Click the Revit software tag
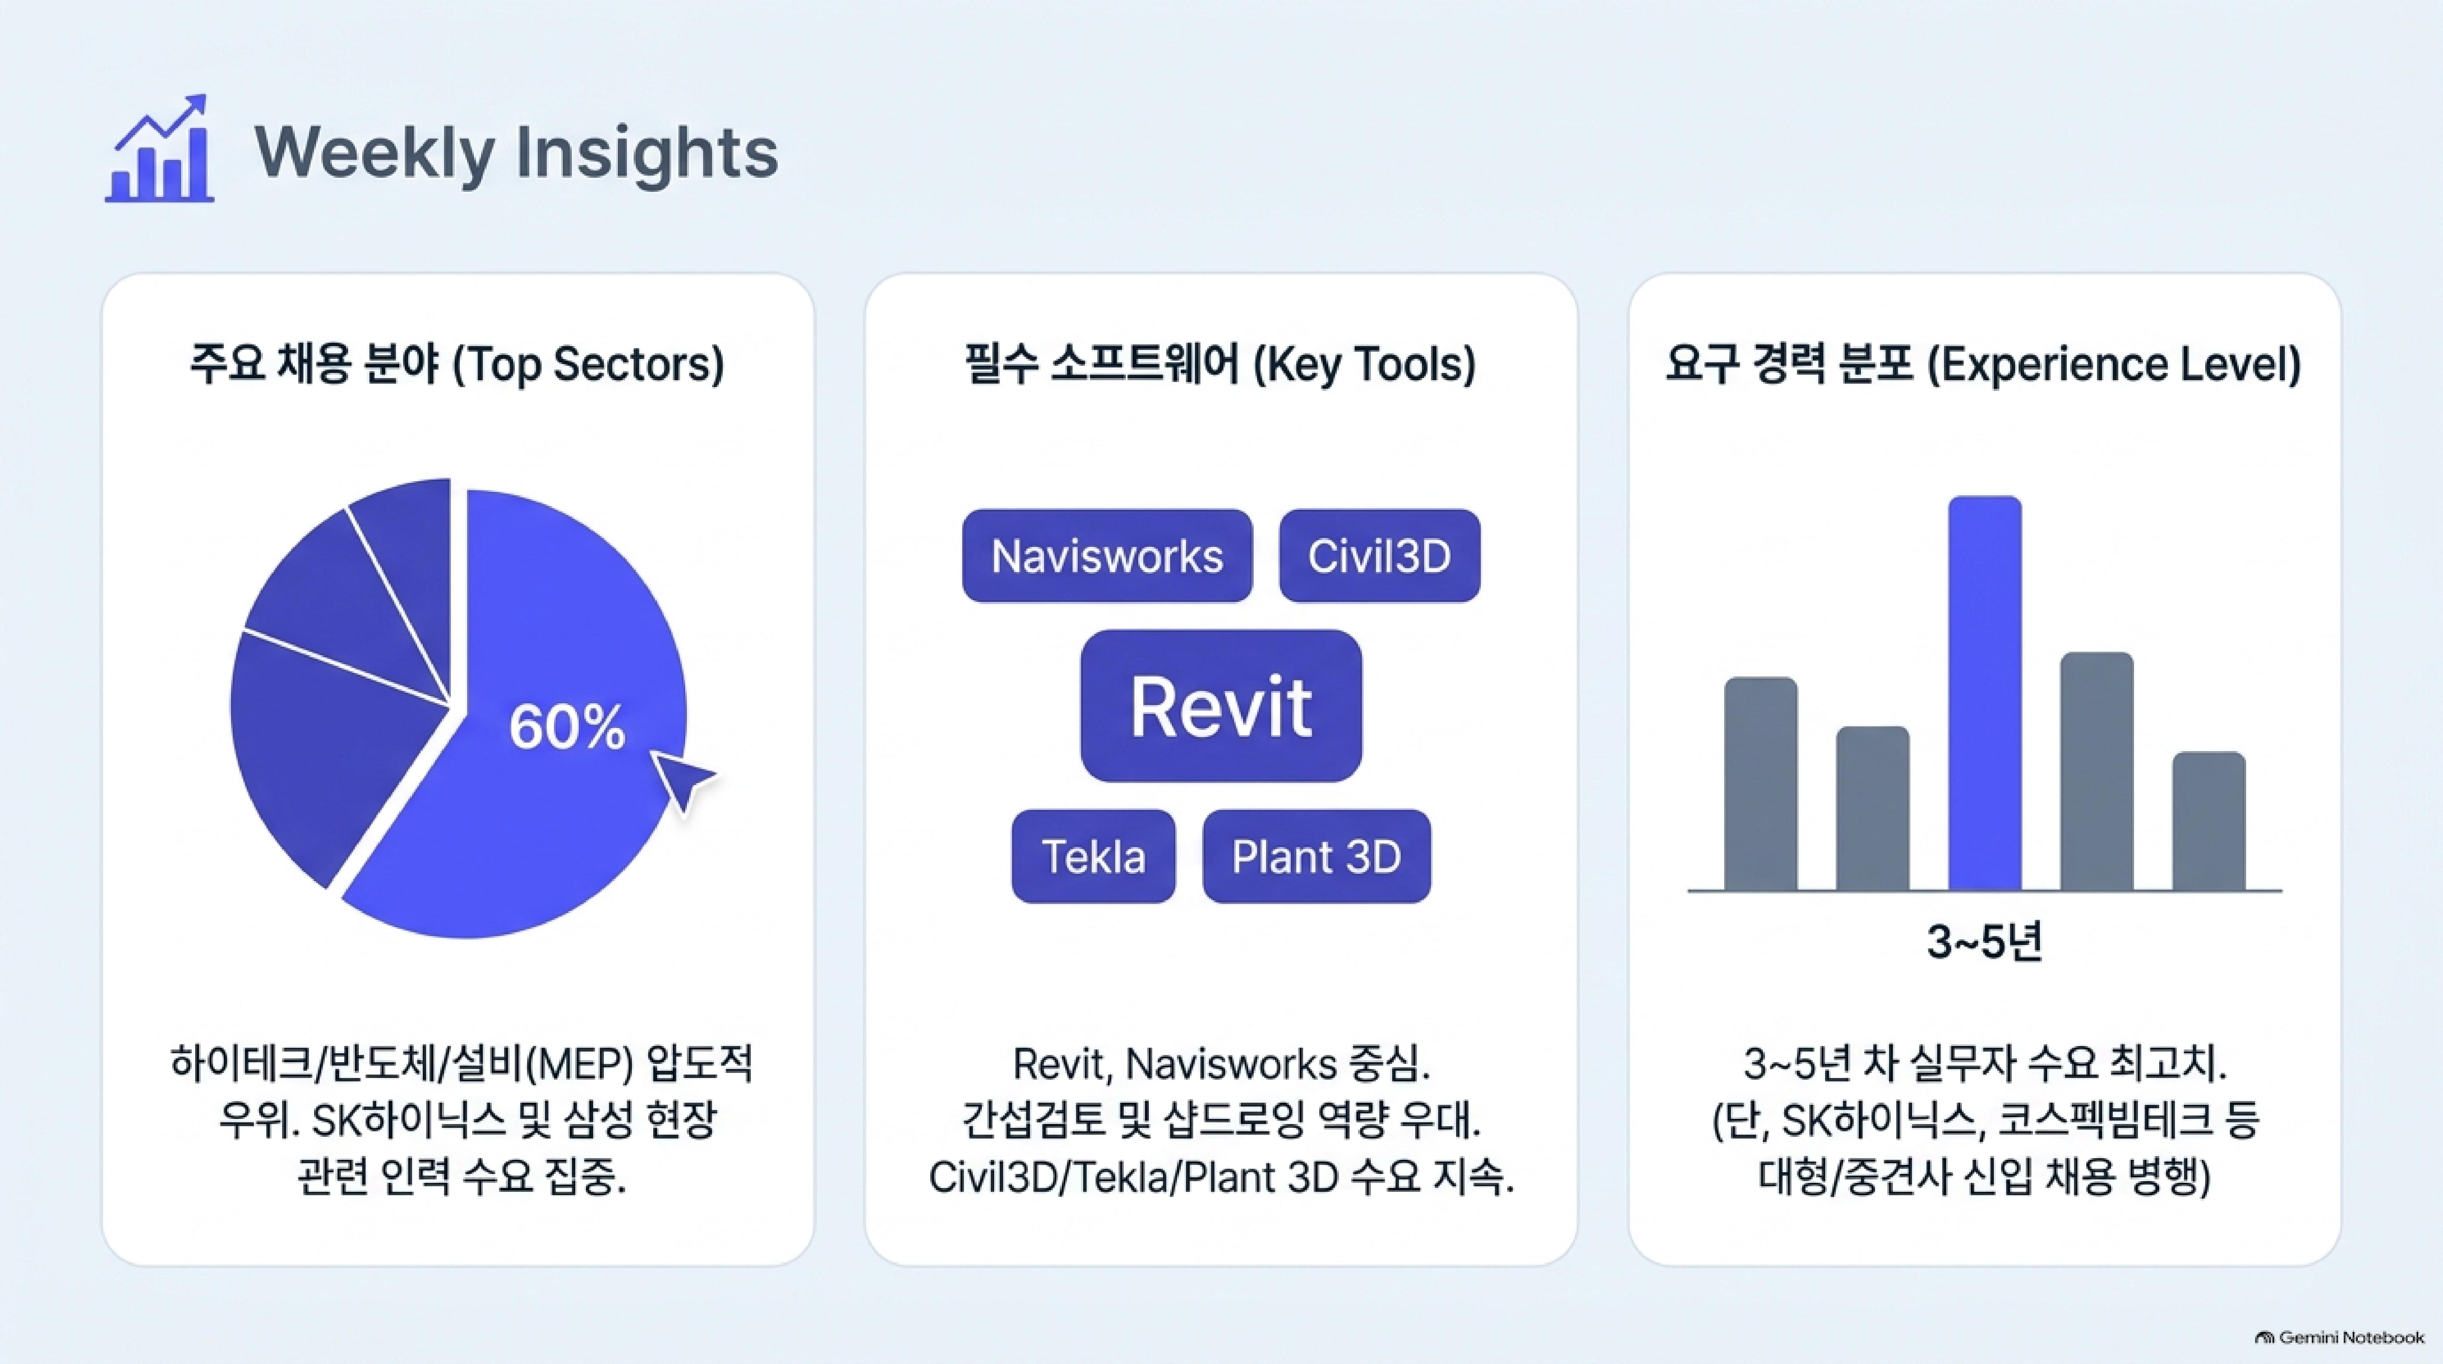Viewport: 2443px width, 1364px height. (x=1220, y=706)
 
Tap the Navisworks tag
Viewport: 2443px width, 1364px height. (x=1107, y=556)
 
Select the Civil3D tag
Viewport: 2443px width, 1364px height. (x=1379, y=556)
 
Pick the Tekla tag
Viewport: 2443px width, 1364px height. (x=1093, y=856)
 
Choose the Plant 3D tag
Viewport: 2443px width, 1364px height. (x=1316, y=856)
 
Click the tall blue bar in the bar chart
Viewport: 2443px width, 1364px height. (x=1985, y=694)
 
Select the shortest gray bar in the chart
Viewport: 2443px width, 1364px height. (x=2209, y=821)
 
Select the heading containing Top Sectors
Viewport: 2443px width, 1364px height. (x=457, y=364)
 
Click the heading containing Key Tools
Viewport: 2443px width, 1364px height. (x=1220, y=364)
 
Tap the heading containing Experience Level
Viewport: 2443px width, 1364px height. (x=1984, y=364)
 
